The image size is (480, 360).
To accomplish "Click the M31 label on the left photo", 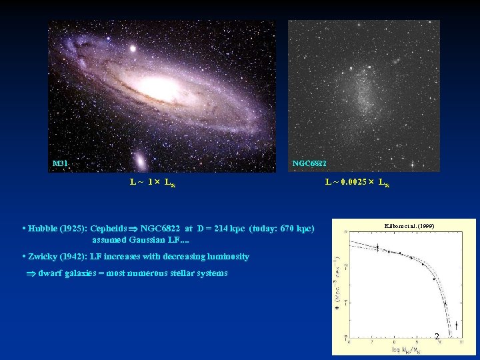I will click(x=60, y=163).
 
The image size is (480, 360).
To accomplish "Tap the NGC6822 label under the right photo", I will click(x=309, y=163).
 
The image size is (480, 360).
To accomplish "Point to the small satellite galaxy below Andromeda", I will click(x=141, y=161).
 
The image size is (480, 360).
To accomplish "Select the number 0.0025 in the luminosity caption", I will click(x=351, y=182).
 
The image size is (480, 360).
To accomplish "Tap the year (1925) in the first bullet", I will click(x=73, y=228).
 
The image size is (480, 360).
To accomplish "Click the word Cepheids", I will click(x=109, y=228).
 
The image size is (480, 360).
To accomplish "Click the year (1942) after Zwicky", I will click(x=73, y=257).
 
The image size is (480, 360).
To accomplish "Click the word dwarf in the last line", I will click(x=50, y=273).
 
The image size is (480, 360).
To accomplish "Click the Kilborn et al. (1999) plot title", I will click(x=410, y=227).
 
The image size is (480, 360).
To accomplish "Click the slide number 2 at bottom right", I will click(x=437, y=337).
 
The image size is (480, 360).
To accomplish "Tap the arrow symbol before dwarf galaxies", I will click(x=30, y=273).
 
